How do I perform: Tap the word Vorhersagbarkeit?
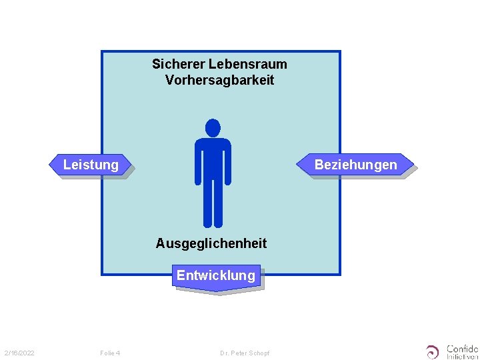[x=219, y=80]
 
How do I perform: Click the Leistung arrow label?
[x=91, y=165]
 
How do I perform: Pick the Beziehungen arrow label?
[x=355, y=165]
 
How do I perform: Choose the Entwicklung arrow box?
[x=215, y=275]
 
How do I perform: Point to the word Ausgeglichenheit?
[x=211, y=243]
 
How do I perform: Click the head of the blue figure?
[x=213, y=127]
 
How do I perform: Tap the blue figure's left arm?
[x=198, y=163]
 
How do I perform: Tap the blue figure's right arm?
[x=228, y=163]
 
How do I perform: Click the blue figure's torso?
[x=213, y=160]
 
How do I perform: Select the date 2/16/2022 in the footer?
[x=19, y=353]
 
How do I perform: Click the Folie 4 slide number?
[x=109, y=353]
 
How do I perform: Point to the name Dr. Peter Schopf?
[x=245, y=353]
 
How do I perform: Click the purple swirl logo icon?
[x=433, y=351]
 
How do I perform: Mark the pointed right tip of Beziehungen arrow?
[x=412, y=164]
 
